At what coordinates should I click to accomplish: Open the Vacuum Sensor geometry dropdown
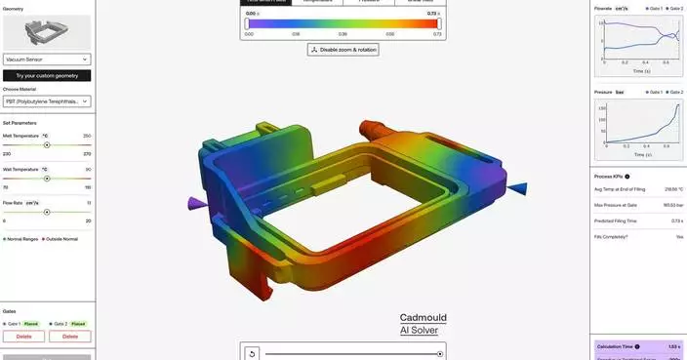point(46,60)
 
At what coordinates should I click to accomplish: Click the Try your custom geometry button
point(46,75)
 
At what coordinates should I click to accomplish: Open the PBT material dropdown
point(46,100)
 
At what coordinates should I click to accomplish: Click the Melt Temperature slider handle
point(47,144)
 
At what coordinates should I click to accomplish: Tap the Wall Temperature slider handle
point(47,179)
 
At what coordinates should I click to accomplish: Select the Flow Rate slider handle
point(47,212)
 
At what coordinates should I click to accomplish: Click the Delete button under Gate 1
point(23,336)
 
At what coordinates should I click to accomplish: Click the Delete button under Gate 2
point(70,336)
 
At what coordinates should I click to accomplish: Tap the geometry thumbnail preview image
point(46,33)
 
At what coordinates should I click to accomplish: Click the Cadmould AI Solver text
point(423,324)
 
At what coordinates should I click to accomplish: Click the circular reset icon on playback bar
point(253,353)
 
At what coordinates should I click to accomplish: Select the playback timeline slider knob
point(440,353)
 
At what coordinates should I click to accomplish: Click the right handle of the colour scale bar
point(436,23)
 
